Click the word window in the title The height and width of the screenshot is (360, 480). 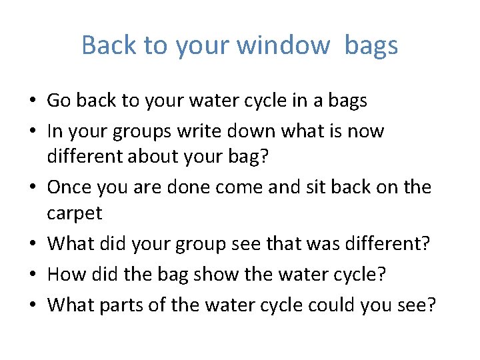click(283, 45)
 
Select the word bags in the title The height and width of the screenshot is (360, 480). click(371, 45)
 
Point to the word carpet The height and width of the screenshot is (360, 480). click(74, 214)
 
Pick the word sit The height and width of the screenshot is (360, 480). click(294, 187)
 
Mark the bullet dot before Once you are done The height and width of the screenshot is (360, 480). click(33, 187)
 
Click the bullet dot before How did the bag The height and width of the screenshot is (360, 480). click(33, 274)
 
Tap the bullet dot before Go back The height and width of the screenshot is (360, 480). click(33, 101)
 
